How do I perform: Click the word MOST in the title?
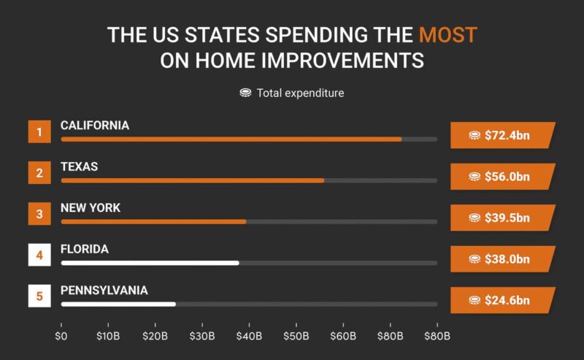click(x=447, y=34)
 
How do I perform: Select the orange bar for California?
click(x=231, y=139)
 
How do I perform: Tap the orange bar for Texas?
click(x=192, y=180)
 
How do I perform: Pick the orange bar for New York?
click(x=153, y=221)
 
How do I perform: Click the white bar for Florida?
click(x=150, y=262)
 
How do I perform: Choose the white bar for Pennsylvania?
click(x=118, y=304)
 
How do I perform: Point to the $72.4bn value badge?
click(x=502, y=135)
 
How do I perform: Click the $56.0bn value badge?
click(x=502, y=176)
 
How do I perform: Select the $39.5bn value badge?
click(x=502, y=218)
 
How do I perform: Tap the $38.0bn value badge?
click(x=502, y=258)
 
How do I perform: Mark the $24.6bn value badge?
click(x=502, y=300)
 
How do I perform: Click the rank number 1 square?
click(x=39, y=132)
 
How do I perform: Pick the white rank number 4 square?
click(x=39, y=256)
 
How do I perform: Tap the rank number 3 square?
click(x=39, y=215)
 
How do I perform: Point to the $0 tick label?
click(x=61, y=336)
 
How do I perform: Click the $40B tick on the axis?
click(x=249, y=336)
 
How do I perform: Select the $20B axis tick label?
click(x=155, y=336)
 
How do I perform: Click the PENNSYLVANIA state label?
click(x=104, y=291)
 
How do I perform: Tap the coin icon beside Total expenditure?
click(x=245, y=93)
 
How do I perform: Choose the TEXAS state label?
click(x=79, y=166)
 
